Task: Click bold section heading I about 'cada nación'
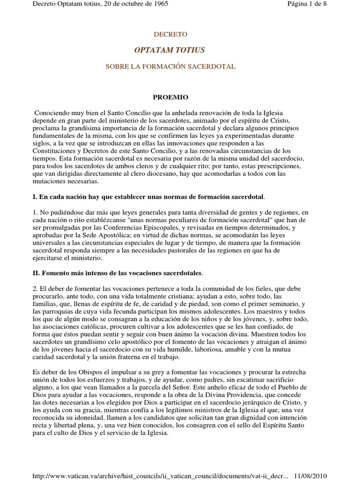pos(151,196)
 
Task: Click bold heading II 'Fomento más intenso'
pos(122,272)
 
